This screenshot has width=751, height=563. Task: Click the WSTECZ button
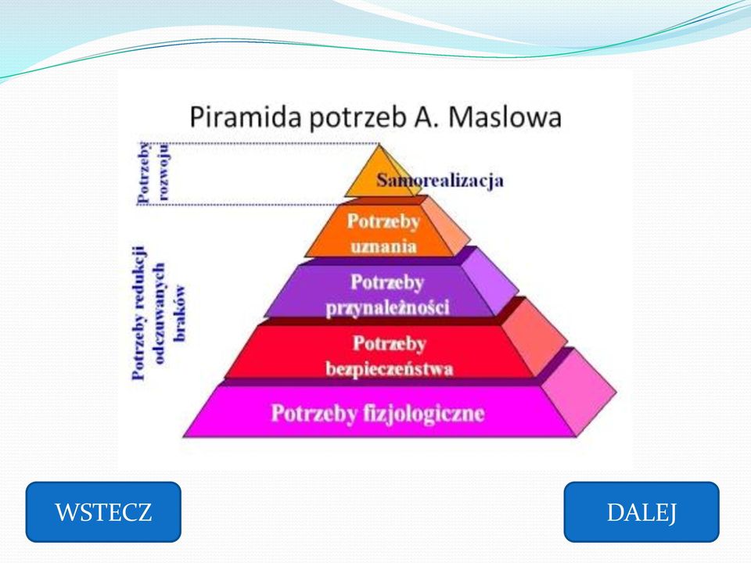point(103,511)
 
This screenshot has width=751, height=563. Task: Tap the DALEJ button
point(641,511)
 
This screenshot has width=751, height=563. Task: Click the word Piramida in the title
point(245,117)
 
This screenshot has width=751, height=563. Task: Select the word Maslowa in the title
point(505,117)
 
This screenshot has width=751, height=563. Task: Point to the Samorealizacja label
point(440,181)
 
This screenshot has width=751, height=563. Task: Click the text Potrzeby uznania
point(383,234)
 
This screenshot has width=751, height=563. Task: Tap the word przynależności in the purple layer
point(387,307)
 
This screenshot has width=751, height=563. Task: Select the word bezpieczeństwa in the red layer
point(389,368)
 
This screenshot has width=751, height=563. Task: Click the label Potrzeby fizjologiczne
point(377,413)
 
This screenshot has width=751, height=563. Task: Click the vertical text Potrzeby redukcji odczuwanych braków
point(158,313)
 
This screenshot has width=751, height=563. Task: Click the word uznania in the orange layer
point(383,246)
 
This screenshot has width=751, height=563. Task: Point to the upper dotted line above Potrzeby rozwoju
point(259,144)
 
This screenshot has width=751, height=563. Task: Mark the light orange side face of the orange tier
point(445,225)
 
